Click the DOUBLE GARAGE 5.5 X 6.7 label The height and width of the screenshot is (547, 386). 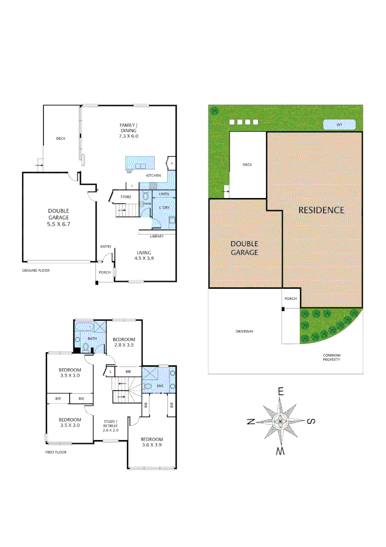pos(59,217)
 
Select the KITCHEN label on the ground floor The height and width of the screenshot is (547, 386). pos(154,175)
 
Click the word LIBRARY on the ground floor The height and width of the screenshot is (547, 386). pos(156,237)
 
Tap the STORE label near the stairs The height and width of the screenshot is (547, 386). pos(126,197)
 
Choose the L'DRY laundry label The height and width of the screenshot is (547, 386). pos(164,208)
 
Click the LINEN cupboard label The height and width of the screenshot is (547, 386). pos(163,194)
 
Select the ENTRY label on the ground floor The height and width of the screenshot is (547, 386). pos(106,247)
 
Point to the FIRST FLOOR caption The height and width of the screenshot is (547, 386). pos(56,452)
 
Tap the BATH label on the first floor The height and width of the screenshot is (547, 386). pos(92,339)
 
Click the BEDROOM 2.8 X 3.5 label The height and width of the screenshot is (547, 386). pos(124,342)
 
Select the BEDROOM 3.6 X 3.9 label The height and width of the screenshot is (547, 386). pos(152,442)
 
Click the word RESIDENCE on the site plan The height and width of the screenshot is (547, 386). pos(321,210)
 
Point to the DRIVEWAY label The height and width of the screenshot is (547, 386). pos(244,331)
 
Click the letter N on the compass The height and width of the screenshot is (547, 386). pos(250,422)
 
